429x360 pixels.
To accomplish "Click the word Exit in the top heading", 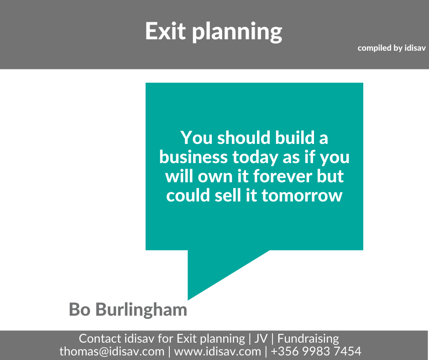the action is pos(165,31).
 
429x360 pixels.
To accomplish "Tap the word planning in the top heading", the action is pos(237,32).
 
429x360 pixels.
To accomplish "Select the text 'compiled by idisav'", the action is pos(392,48).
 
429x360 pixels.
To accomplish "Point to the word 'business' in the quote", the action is pos(193,157).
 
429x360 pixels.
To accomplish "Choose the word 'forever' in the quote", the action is pos(283,176).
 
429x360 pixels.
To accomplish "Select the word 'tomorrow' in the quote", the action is pos(302,196).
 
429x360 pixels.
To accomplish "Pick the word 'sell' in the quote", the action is pos(228,196).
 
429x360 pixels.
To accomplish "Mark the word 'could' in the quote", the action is pos(188,196).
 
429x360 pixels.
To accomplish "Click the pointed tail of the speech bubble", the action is pos(188,300).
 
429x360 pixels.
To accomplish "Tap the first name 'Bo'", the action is pos(79,310).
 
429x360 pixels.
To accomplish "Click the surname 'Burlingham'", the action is pos(141,310).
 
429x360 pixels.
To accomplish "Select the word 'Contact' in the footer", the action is pos(100,339).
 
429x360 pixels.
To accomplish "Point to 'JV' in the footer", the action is pos(261,339).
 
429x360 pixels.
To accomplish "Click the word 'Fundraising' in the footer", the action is pos(308,339).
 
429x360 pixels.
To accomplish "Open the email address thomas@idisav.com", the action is pos(112,351).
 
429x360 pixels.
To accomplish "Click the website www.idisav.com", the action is pos(218,351).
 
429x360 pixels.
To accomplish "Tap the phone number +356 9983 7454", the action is pos(316,351).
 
